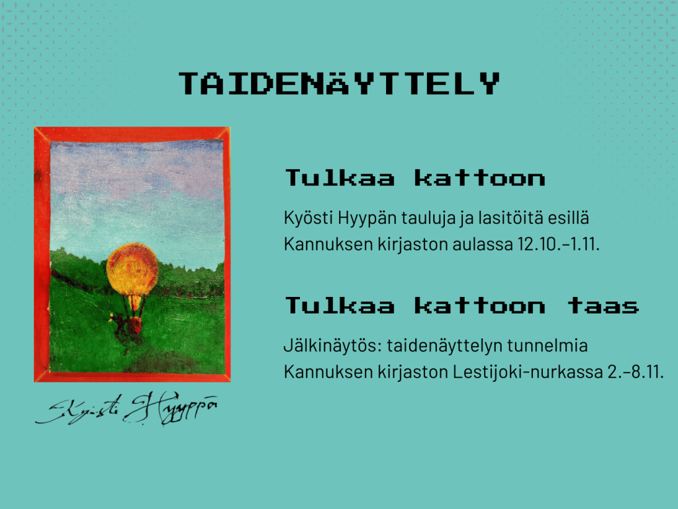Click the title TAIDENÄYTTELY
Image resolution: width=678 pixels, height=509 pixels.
[x=340, y=83]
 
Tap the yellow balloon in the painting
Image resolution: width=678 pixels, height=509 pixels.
[x=132, y=269]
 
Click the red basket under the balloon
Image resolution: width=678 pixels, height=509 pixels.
[x=135, y=325]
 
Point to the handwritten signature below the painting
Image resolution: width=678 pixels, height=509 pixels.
[x=126, y=408]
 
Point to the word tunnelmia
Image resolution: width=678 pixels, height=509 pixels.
[x=548, y=346]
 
